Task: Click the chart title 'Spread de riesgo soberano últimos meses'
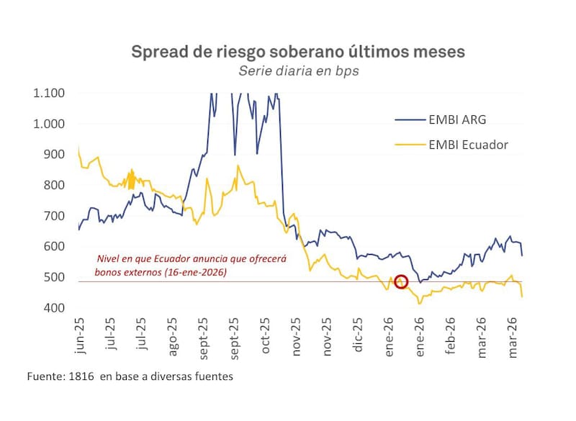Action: pyautogui.click(x=297, y=52)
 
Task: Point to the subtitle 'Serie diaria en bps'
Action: pyautogui.click(x=297, y=71)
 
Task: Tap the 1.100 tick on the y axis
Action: pyautogui.click(x=49, y=93)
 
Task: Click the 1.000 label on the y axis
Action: pyautogui.click(x=49, y=124)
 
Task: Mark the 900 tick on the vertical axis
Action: pyautogui.click(x=55, y=154)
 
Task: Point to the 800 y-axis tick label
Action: pyautogui.click(x=55, y=185)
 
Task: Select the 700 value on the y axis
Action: pyautogui.click(x=55, y=216)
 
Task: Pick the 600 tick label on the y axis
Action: pyautogui.click(x=55, y=246)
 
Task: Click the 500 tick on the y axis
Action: pyautogui.click(x=55, y=277)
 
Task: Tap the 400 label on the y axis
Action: pyautogui.click(x=55, y=308)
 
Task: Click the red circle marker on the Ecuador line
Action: pyautogui.click(x=402, y=281)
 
